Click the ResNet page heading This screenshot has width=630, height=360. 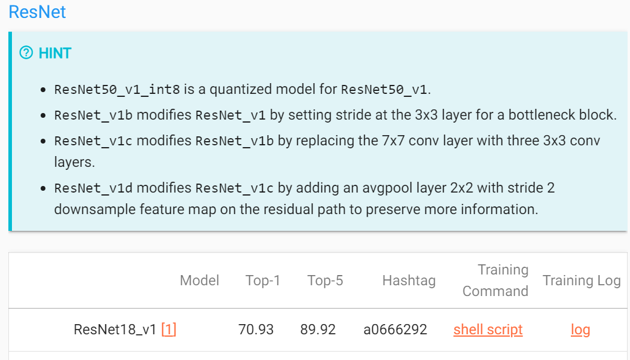point(37,12)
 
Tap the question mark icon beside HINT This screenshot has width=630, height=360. point(26,53)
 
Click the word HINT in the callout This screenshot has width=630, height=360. point(55,53)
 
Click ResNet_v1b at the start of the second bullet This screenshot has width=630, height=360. point(91,115)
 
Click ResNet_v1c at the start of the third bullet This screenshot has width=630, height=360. point(91,141)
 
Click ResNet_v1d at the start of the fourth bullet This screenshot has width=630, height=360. point(91,188)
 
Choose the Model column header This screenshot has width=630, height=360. point(200,280)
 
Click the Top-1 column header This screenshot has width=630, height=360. point(263,280)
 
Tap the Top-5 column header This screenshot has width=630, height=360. point(325,280)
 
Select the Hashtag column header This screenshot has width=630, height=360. point(409,280)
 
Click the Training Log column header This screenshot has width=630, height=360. point(582,280)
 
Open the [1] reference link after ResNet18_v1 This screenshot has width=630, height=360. point(169,330)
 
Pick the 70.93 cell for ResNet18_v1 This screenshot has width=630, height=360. point(256,330)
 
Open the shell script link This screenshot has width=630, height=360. point(488,330)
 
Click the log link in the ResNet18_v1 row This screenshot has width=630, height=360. point(580,330)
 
